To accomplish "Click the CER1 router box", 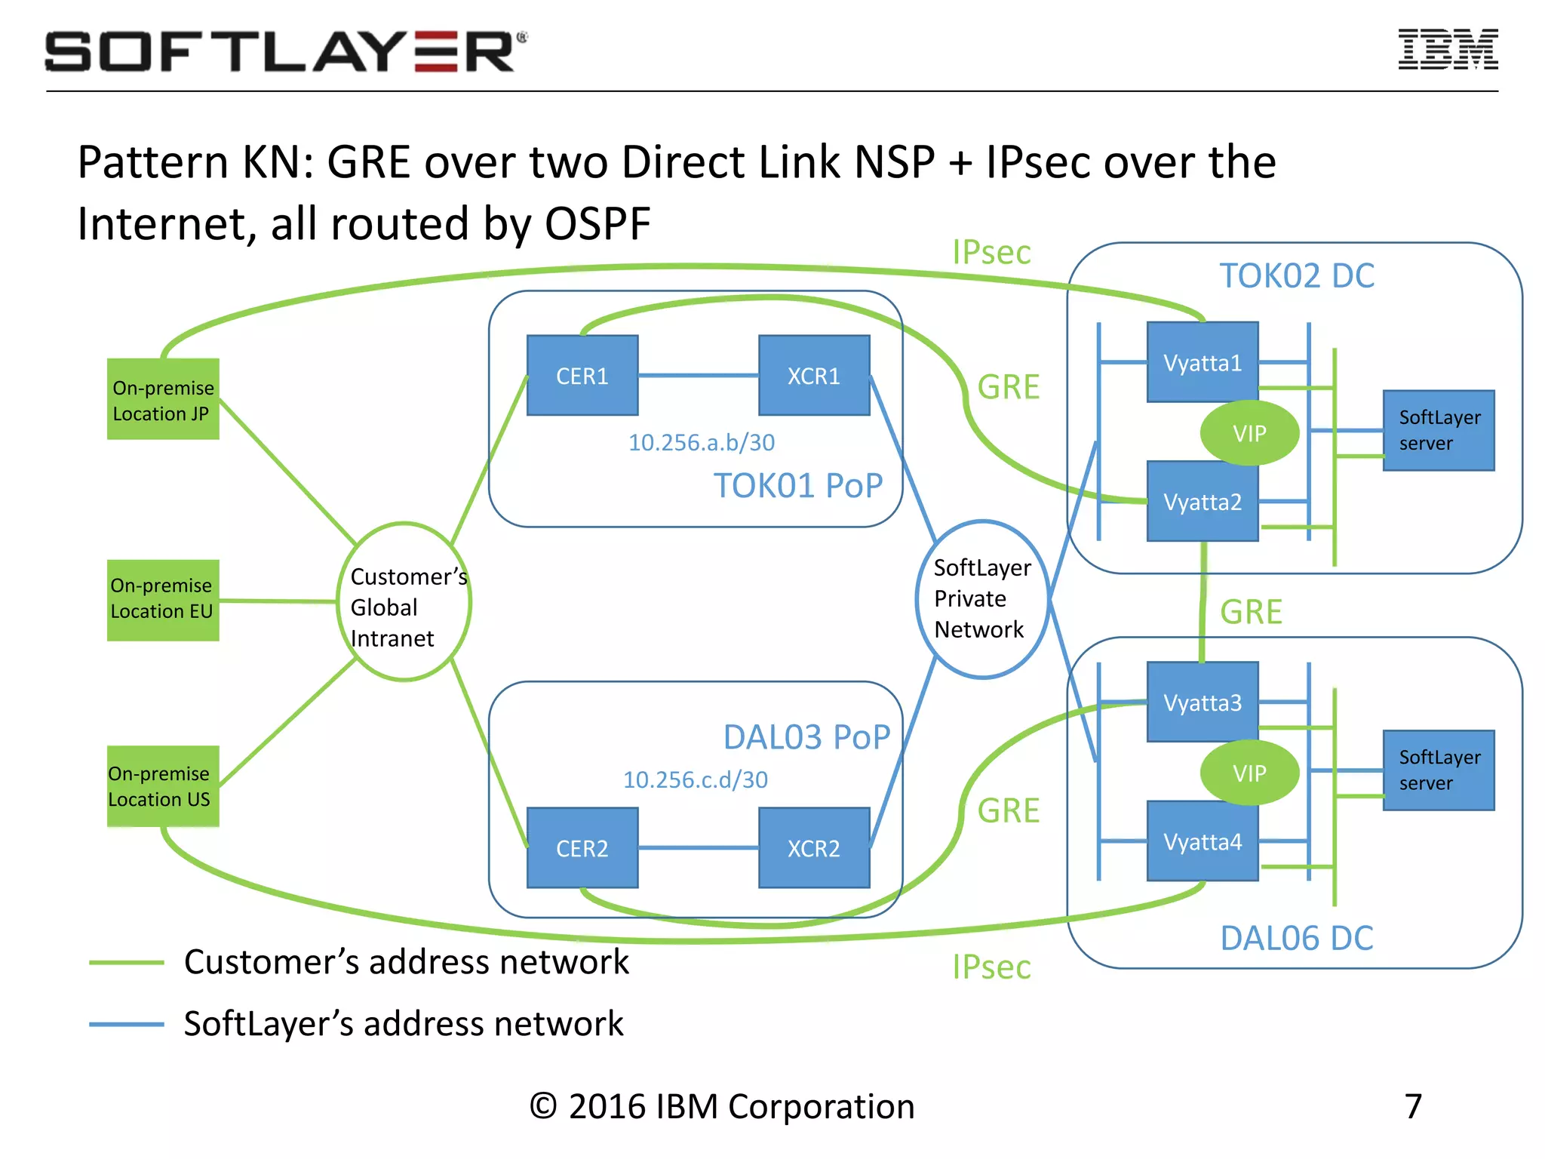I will pos(582,375).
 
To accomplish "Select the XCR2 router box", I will pos(813,847).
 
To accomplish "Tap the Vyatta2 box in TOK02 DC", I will pos(1202,502).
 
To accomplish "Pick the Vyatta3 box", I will pos(1202,702).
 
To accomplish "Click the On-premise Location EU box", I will pos(163,600).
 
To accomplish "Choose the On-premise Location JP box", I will pos(163,399).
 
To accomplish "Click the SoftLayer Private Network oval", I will pos(981,599).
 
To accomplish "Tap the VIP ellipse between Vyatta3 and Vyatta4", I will pos(1249,773).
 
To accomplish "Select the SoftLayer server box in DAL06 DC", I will pos(1438,770).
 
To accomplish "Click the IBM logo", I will pos(1448,50).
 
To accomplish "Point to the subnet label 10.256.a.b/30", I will pos(701,442).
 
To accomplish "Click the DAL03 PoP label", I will pos(806,737).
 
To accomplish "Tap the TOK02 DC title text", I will pos(1296,275).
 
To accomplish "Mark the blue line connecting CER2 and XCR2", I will pos(698,848).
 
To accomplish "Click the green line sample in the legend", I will pos(126,962).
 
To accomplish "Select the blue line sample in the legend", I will pos(126,1024).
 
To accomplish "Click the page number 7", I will pos(1413,1106).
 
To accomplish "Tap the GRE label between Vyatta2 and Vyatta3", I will pos(1251,612).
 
